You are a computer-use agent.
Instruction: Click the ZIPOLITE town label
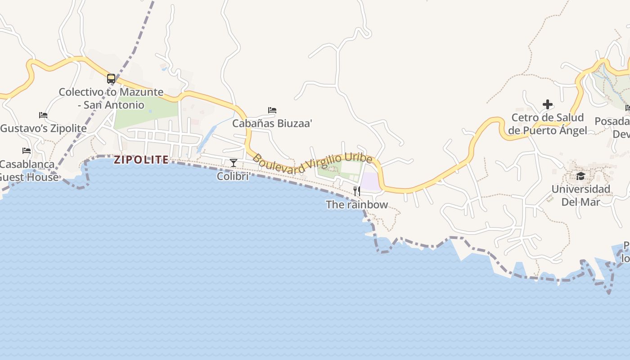coord(141,160)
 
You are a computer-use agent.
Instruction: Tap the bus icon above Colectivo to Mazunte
coord(111,79)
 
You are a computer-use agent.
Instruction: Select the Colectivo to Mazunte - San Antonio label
coord(111,99)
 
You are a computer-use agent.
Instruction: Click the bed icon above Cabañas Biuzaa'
coord(272,110)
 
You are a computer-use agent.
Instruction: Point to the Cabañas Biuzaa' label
coord(272,123)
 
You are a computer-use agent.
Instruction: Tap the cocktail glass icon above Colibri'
coord(233,162)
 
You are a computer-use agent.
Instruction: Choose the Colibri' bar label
coord(234,176)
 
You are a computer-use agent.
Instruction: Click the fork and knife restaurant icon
coord(356,191)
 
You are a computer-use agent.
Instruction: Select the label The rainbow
coord(356,205)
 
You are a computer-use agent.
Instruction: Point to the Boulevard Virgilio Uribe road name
coord(312,164)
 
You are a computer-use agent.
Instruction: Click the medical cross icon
coord(547,105)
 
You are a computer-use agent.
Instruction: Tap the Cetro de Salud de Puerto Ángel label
coord(547,124)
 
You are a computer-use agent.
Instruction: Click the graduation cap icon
coord(580,176)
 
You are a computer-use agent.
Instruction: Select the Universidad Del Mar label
coord(580,195)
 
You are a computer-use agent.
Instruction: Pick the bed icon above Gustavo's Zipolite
coord(43,115)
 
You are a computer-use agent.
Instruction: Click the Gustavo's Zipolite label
coord(44,128)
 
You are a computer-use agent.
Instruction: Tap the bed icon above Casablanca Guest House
coord(27,151)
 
